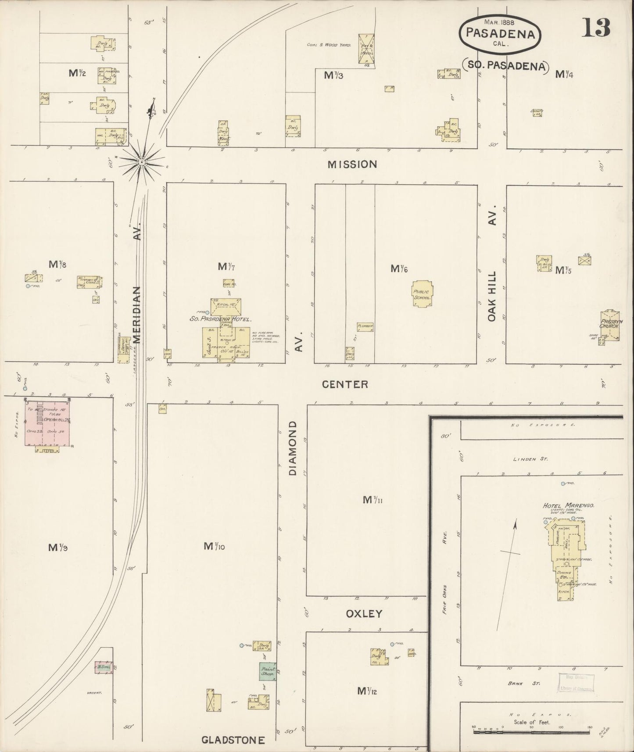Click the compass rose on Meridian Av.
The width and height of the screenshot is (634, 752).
(x=142, y=162)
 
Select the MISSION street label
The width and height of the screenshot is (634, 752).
(x=352, y=164)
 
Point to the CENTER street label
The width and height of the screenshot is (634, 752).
(x=345, y=384)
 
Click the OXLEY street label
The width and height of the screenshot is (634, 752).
(x=364, y=613)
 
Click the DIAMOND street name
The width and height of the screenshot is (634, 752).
(x=293, y=448)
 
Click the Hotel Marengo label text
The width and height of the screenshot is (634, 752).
(x=569, y=505)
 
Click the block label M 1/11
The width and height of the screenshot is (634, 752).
(x=373, y=499)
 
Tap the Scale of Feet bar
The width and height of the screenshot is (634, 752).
(x=531, y=732)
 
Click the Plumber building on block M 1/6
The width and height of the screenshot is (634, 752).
(x=365, y=326)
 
